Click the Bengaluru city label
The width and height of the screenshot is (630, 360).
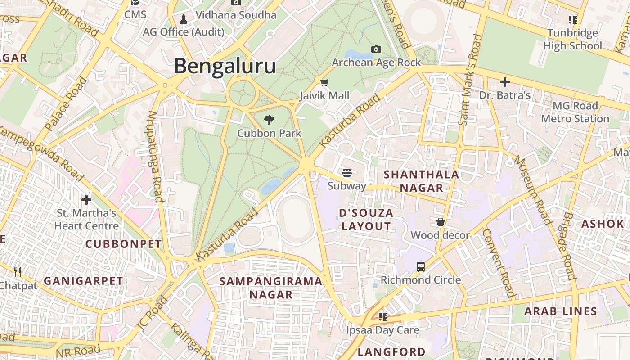(x=225, y=66)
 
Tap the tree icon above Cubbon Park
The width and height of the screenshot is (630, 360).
(x=269, y=120)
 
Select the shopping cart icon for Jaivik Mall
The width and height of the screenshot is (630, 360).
(x=324, y=82)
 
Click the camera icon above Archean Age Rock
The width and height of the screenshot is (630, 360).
(x=376, y=49)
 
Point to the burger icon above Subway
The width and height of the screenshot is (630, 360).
(x=346, y=172)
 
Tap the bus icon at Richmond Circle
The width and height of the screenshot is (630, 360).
(x=421, y=266)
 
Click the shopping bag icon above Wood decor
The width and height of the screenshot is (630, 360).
(x=441, y=222)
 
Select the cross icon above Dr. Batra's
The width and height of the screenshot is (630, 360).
(x=505, y=82)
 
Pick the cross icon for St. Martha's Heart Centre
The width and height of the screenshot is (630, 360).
(x=86, y=199)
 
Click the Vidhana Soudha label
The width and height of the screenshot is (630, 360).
(x=236, y=15)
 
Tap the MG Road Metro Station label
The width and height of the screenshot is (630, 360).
(x=575, y=112)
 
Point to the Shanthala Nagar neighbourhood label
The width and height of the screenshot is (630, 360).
(x=421, y=181)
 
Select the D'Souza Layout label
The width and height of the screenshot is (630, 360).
(x=366, y=220)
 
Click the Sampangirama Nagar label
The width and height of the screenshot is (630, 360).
(x=271, y=288)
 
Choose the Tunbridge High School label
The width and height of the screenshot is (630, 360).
(x=572, y=40)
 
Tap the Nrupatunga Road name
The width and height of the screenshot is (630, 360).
(x=154, y=156)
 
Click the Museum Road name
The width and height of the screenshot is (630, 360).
(x=533, y=189)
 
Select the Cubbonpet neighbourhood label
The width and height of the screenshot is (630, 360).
(x=123, y=244)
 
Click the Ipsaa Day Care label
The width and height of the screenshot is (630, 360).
(x=382, y=330)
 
